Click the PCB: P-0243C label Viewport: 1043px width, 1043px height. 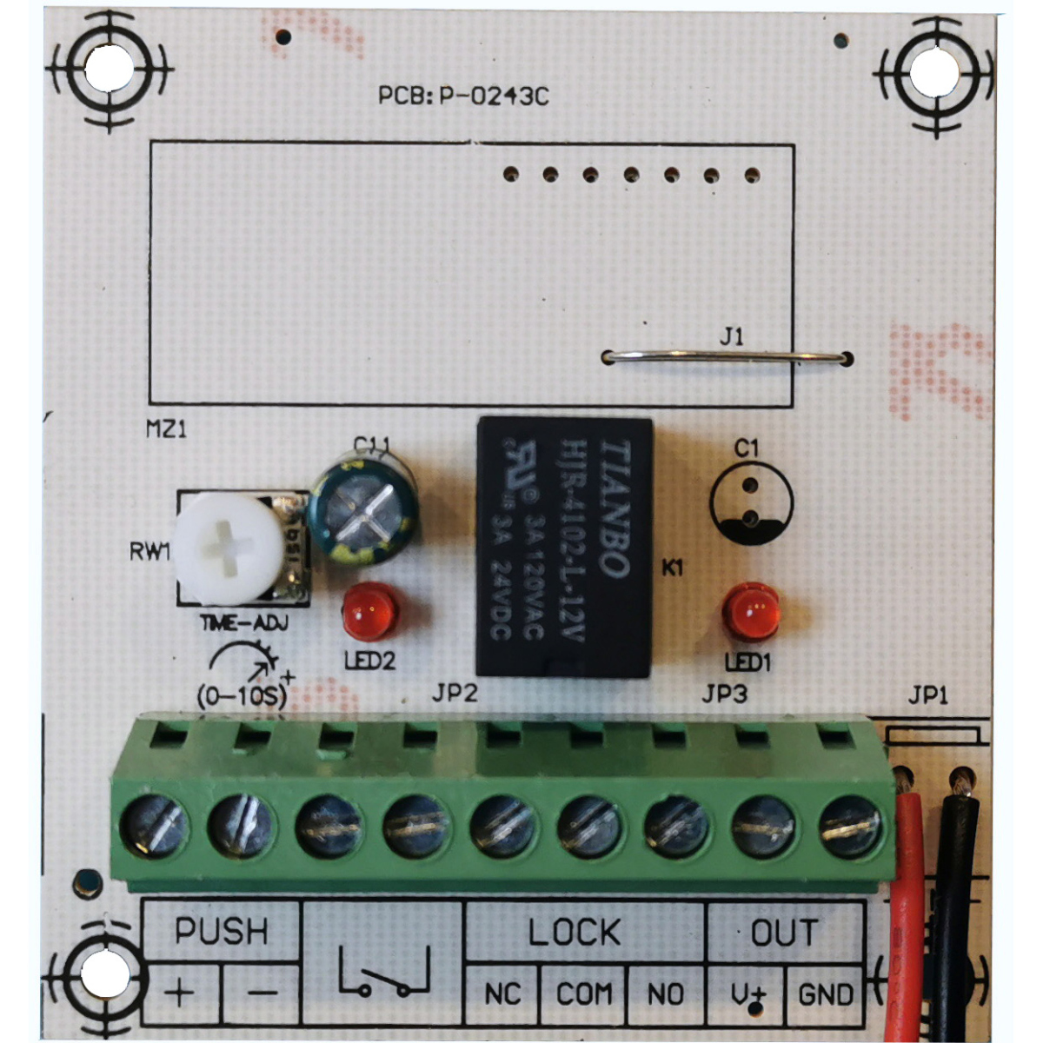[463, 96]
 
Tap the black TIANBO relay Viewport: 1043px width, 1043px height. [564, 546]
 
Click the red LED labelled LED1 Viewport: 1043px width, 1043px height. [750, 609]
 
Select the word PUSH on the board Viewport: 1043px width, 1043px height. [221, 931]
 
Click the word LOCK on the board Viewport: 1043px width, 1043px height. [575, 933]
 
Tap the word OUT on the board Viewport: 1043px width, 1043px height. [784, 933]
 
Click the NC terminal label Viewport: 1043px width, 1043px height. [502, 993]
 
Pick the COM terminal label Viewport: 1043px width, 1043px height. [583, 993]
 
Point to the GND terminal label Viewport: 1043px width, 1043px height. [825, 993]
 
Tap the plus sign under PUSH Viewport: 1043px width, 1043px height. [180, 992]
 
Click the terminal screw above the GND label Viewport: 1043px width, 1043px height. [850, 827]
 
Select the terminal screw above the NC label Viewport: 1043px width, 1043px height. [502, 827]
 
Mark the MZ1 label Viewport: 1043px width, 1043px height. [166, 428]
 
